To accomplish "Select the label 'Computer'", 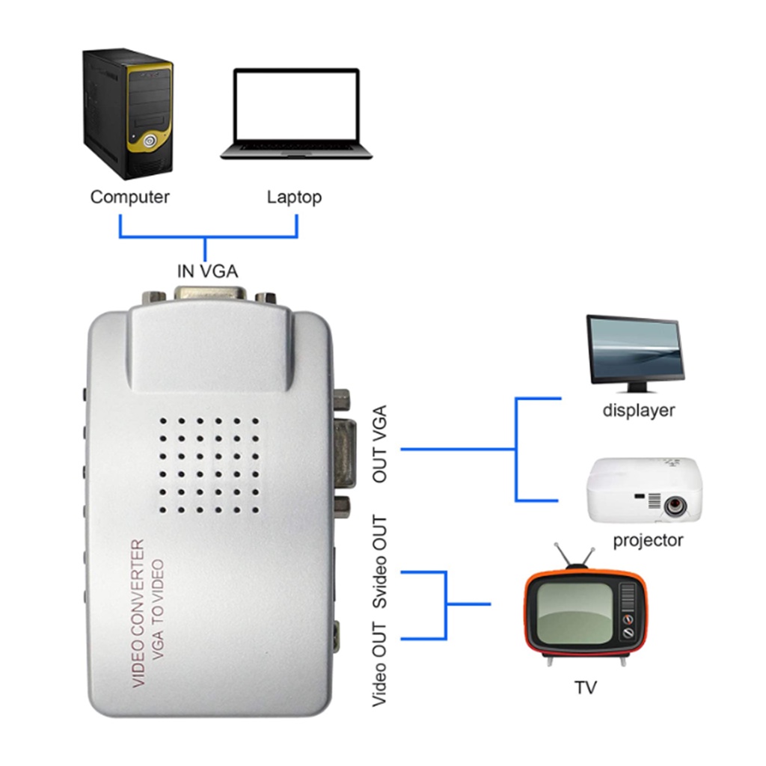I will tap(129, 197).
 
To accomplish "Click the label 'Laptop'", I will tap(294, 197).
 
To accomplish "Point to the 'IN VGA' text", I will tap(207, 271).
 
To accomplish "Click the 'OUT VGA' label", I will tap(380, 444).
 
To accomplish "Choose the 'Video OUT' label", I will tap(380, 664).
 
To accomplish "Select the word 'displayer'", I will tap(639, 411).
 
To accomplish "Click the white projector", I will tap(644, 491).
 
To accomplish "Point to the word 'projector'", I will tap(648, 540).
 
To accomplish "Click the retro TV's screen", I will tap(575, 609).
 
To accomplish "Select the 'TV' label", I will tap(586, 687).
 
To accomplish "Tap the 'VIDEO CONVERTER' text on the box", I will tap(138, 613).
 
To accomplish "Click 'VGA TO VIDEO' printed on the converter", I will tap(158, 614).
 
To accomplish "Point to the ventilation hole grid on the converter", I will tap(209, 464).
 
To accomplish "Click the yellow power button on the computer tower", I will tap(150, 140).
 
